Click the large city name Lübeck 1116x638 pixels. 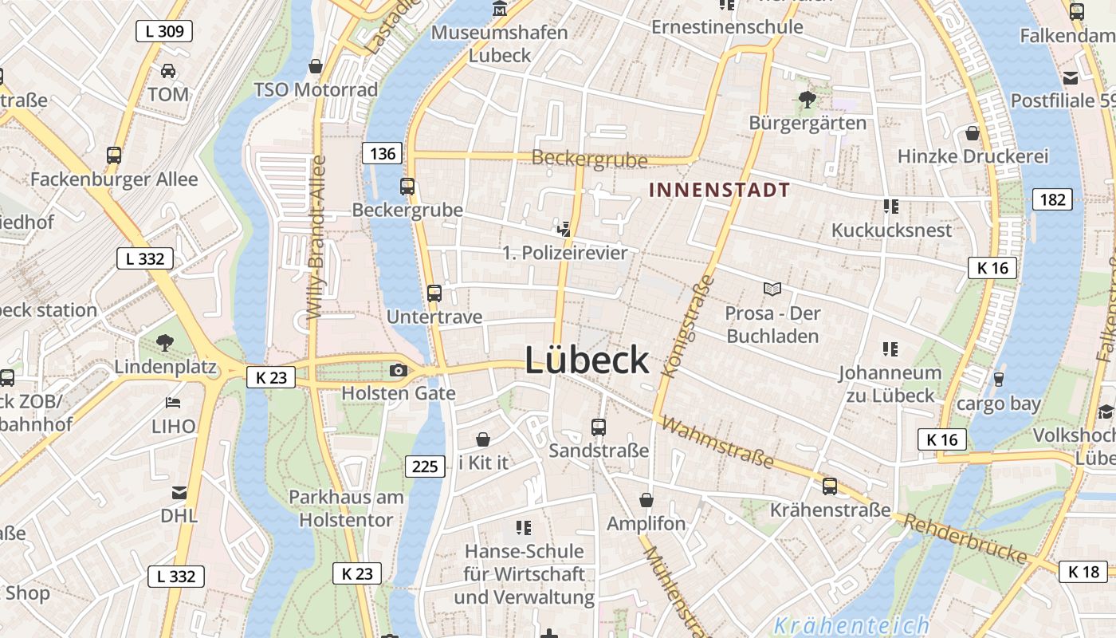[x=587, y=361]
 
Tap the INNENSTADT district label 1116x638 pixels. [x=719, y=190]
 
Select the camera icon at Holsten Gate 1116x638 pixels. [x=398, y=370]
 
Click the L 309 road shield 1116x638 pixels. [x=165, y=32]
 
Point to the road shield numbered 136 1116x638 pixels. [x=383, y=153]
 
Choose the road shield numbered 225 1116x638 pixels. [x=425, y=466]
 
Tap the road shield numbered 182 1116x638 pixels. [x=1052, y=199]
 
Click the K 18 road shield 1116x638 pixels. [x=1083, y=572]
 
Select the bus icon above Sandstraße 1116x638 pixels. [x=599, y=427]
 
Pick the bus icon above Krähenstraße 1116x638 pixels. [x=830, y=486]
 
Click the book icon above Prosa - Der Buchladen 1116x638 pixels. [x=772, y=289]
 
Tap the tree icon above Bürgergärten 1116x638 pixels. [x=807, y=100]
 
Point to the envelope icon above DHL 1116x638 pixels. [x=179, y=493]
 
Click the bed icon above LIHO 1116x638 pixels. [x=173, y=403]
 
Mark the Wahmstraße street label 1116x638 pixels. [x=717, y=443]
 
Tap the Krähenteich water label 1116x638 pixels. [x=851, y=625]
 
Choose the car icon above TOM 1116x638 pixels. [x=168, y=71]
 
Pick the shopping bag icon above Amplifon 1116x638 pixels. [x=646, y=500]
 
